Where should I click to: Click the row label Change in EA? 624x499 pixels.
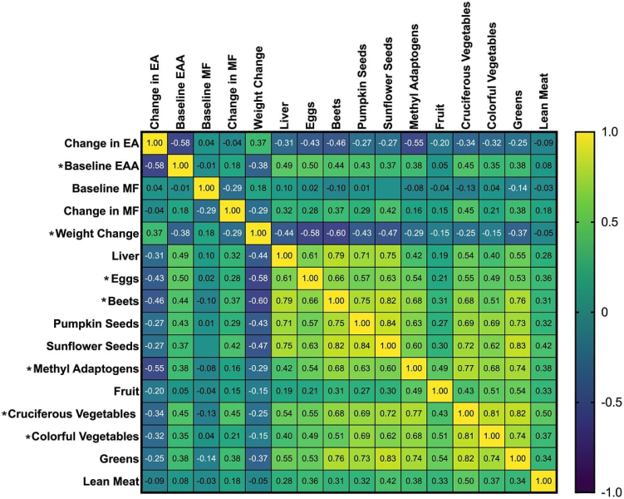pyautogui.click(x=101, y=143)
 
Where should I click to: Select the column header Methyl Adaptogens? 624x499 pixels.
pyautogui.click(x=414, y=77)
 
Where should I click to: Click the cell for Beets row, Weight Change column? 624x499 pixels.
pyautogui.click(x=258, y=301)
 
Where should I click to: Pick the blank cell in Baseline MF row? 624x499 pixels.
pyautogui.click(x=388, y=188)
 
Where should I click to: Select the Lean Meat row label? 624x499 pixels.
pyautogui.click(x=111, y=482)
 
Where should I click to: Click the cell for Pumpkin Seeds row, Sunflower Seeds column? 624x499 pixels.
pyautogui.click(x=388, y=324)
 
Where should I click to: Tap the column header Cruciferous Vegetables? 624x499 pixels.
pyautogui.click(x=465, y=66)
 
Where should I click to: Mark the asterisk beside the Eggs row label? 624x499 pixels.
pyautogui.click(x=106, y=279)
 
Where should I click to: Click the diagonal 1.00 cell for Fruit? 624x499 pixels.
pyautogui.click(x=440, y=391)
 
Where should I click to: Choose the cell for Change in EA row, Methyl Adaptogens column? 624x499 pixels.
pyautogui.click(x=414, y=143)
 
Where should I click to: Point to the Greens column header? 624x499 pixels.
pyautogui.click(x=518, y=110)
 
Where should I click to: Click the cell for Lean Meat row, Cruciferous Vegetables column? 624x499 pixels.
pyautogui.click(x=465, y=482)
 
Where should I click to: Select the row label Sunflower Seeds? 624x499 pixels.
pyautogui.click(x=93, y=346)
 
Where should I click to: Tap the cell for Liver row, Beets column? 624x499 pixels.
pyautogui.click(x=336, y=255)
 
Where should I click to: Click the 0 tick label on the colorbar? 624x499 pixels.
pyautogui.click(x=605, y=312)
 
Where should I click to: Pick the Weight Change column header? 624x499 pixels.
pyautogui.click(x=258, y=87)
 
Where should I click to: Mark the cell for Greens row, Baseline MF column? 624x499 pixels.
pyautogui.click(x=206, y=459)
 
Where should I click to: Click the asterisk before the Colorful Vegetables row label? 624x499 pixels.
pyautogui.click(x=28, y=437)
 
